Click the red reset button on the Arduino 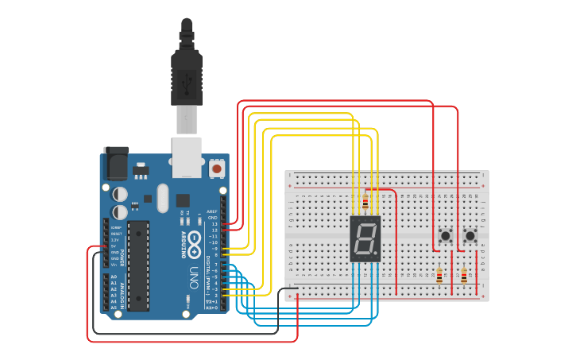click(x=216, y=168)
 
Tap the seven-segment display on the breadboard click(x=365, y=238)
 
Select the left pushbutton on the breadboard click(x=446, y=236)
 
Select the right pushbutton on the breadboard click(x=470, y=236)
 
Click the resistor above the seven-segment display click(x=365, y=202)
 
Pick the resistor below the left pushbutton click(x=439, y=276)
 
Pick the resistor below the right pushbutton click(x=464, y=276)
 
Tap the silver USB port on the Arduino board click(x=187, y=157)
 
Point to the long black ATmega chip click(x=138, y=264)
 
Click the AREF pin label click(x=212, y=212)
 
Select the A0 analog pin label click(x=114, y=277)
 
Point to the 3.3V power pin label click(x=114, y=239)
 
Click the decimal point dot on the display click(x=377, y=255)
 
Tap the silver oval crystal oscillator click(x=164, y=198)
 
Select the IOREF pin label click(x=114, y=226)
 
